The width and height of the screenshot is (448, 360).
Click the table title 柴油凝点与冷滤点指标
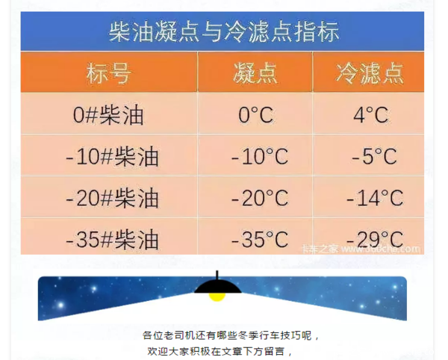[x=224, y=31]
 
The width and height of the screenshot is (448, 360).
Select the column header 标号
[x=109, y=73]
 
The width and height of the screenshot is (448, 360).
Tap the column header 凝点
[x=255, y=73]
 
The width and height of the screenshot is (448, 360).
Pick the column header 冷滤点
[x=370, y=73]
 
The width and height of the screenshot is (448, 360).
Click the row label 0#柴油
[x=108, y=115]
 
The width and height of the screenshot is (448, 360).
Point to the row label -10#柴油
[x=112, y=157]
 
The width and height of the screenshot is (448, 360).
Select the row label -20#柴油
[x=112, y=198]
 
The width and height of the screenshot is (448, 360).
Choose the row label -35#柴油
[x=112, y=240]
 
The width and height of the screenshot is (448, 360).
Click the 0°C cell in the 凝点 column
[x=255, y=115]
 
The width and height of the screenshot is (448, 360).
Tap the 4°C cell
[x=371, y=115]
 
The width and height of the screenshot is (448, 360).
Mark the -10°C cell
[x=259, y=157]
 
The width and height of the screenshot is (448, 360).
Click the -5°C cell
[x=374, y=157]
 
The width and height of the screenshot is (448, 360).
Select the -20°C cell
[x=259, y=198]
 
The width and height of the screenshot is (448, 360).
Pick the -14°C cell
[x=375, y=198]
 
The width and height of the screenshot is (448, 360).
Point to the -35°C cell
[x=259, y=240]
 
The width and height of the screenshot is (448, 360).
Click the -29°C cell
[x=375, y=240]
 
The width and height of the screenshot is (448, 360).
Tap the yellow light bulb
[x=217, y=297]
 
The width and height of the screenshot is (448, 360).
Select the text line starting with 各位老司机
[x=231, y=335]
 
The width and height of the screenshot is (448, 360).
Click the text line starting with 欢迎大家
[x=220, y=351]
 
